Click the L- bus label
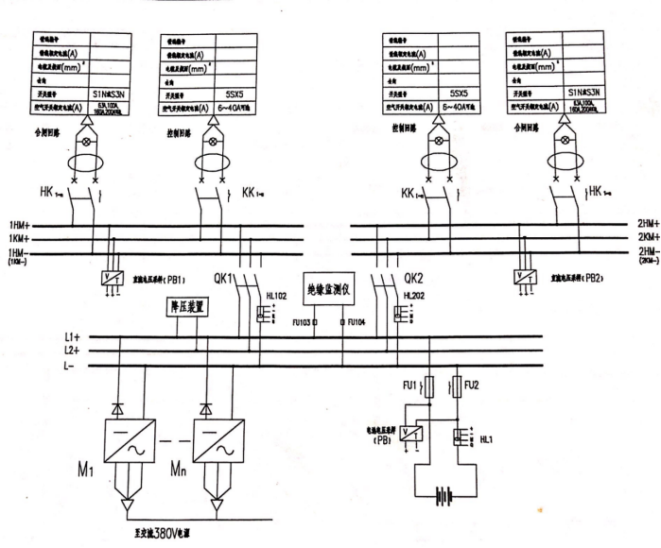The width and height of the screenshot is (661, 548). pyautogui.click(x=69, y=365)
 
